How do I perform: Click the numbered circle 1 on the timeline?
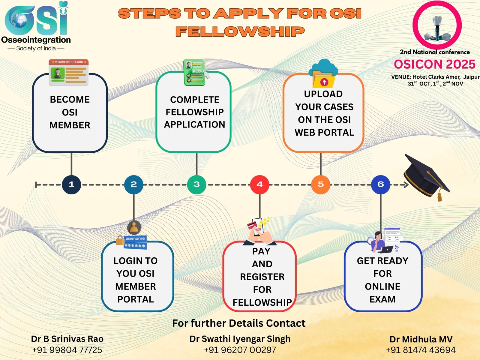(x=71, y=184)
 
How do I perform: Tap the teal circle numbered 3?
(x=196, y=184)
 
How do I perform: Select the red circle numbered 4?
(x=259, y=184)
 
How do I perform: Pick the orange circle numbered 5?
(x=320, y=184)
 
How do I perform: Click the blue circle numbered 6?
(x=380, y=184)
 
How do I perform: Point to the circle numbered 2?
(x=133, y=184)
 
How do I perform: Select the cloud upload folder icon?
(x=323, y=74)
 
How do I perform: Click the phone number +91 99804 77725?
(x=67, y=350)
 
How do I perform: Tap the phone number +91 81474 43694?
(x=421, y=350)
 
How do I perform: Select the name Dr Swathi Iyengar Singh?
(x=240, y=339)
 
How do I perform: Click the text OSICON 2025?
(x=434, y=64)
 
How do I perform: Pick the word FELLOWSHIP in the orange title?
(x=240, y=31)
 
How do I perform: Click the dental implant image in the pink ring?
(x=437, y=28)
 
